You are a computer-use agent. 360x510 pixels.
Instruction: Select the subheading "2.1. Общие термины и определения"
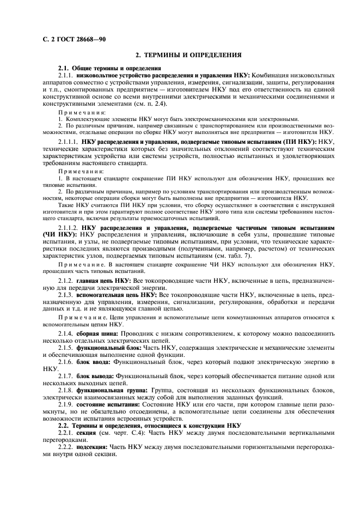(x=102, y=67)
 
